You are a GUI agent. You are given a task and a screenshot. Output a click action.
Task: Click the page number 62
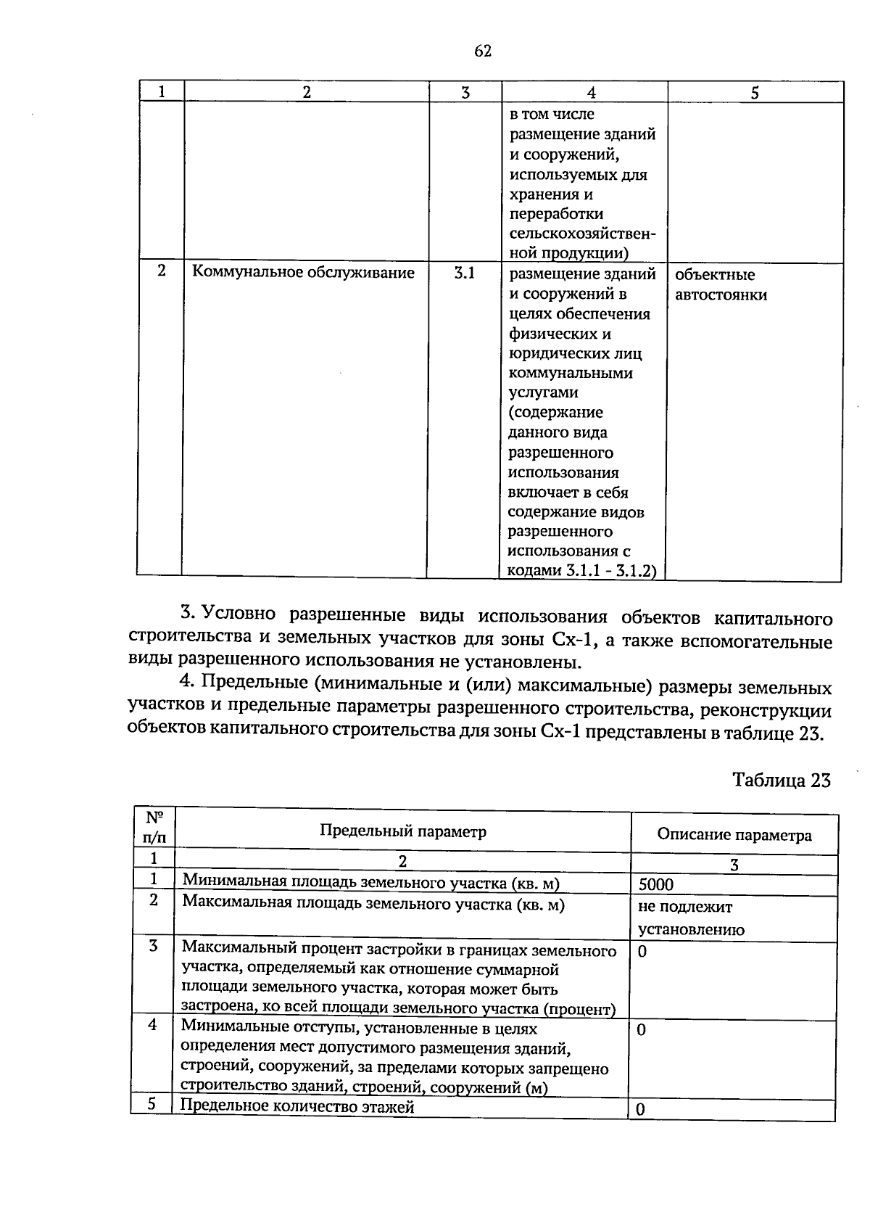pos(483,50)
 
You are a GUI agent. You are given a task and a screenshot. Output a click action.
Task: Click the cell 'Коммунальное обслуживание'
pos(302,273)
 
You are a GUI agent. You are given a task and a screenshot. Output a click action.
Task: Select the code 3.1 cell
pos(464,273)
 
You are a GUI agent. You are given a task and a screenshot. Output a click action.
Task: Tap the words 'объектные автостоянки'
pos(721,284)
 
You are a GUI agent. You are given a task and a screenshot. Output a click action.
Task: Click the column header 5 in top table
pos(755,92)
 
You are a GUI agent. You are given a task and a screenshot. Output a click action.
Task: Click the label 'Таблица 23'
pos(781,780)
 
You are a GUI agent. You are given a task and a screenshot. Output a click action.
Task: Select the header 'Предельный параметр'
pos(403,831)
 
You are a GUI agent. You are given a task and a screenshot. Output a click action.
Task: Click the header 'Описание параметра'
pos(734,835)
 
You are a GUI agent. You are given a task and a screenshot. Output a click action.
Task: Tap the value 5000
pos(656,884)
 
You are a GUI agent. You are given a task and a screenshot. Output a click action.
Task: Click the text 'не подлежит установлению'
pos(690,918)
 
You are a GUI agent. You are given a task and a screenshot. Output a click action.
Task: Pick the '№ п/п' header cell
pos(154,827)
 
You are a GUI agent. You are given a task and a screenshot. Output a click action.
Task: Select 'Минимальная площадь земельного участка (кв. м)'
pos(371,881)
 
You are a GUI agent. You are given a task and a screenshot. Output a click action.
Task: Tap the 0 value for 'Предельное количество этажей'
pos(640,1110)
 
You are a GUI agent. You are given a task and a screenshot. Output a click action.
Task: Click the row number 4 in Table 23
pos(152,1026)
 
